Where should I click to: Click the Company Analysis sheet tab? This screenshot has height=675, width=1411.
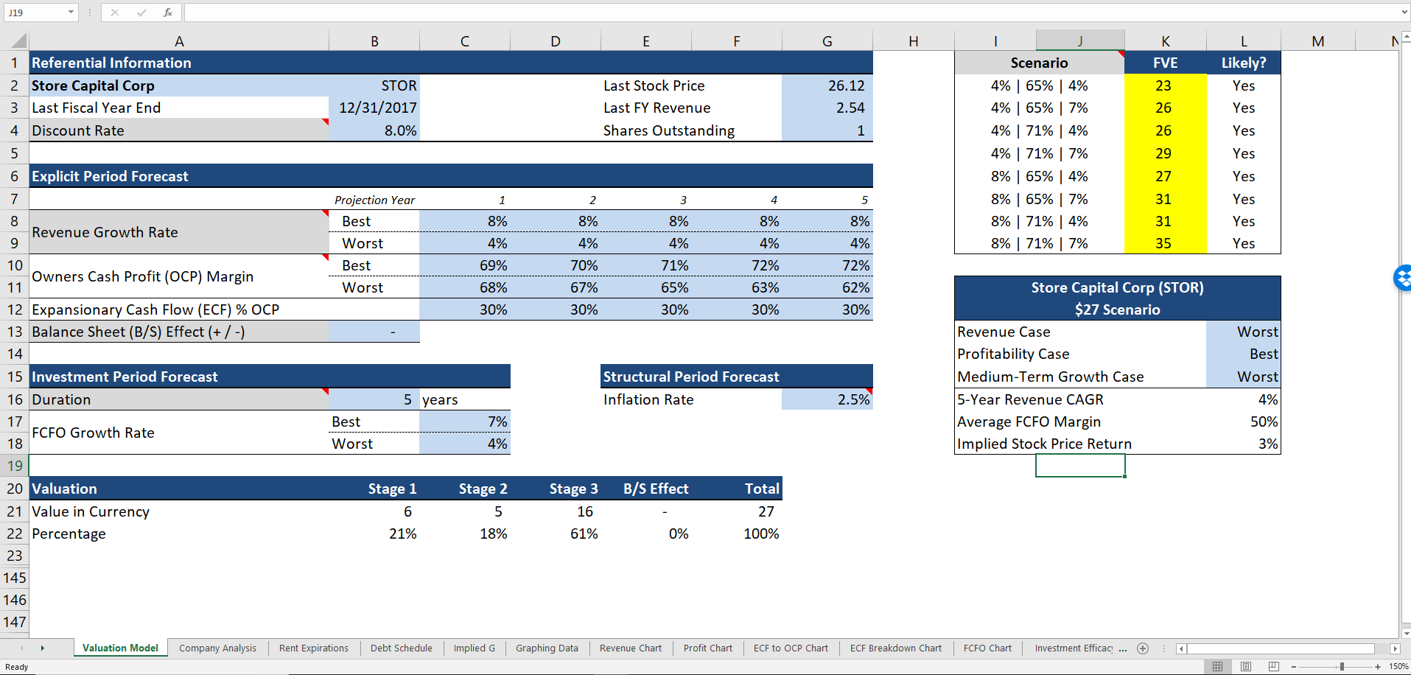click(x=217, y=648)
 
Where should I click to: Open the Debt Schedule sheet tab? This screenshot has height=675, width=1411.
click(x=402, y=648)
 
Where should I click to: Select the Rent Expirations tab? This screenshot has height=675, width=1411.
click(x=314, y=648)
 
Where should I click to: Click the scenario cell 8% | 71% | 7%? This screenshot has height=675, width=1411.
click(x=1039, y=243)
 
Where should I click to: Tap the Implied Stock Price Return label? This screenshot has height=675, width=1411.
click(x=1044, y=444)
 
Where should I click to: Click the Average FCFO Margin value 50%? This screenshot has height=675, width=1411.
click(x=1264, y=422)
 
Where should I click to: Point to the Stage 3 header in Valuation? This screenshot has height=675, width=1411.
click(x=573, y=489)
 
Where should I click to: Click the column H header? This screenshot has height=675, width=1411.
click(x=913, y=41)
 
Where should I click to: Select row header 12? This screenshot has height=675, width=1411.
click(x=15, y=309)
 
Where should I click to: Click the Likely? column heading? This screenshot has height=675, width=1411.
click(x=1243, y=63)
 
